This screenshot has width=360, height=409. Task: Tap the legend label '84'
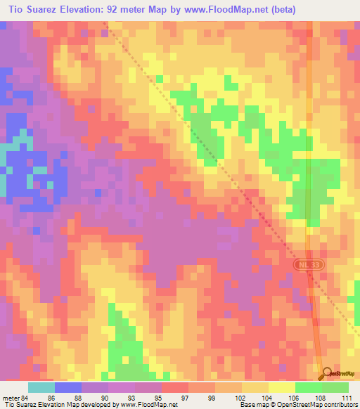pyautogui.click(x=27, y=398)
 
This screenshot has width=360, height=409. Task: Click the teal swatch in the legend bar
pyautogui.click(x=41, y=387)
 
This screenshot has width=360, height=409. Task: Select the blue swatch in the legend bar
pyautogui.click(x=67, y=387)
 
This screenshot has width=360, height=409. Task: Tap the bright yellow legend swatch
pyautogui.click(x=281, y=387)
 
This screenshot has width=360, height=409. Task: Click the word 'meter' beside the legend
pyautogui.click(x=11, y=398)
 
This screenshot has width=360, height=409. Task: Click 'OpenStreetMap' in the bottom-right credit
pyautogui.click(x=315, y=405)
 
